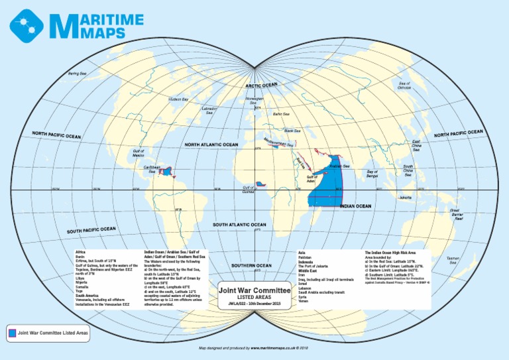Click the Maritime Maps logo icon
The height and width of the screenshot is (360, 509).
(26, 25)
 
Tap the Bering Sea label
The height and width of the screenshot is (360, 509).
(78, 74)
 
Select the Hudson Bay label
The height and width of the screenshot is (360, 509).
(178, 99)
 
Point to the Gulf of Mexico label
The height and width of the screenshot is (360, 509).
(139, 153)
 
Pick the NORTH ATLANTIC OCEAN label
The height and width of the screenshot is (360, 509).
(211, 145)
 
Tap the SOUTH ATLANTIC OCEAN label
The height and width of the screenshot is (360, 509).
(239, 225)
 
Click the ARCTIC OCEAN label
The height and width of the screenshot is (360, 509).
(262, 86)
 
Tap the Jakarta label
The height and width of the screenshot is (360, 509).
(405, 198)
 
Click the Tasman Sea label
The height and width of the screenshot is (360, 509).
(453, 261)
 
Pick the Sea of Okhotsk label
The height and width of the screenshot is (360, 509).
(404, 86)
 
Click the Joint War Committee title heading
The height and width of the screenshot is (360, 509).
(254, 290)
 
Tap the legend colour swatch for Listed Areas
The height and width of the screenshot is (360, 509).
(12, 332)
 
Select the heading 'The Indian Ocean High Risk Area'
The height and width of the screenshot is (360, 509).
(390, 253)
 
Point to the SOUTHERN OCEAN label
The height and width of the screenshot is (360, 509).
(252, 266)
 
